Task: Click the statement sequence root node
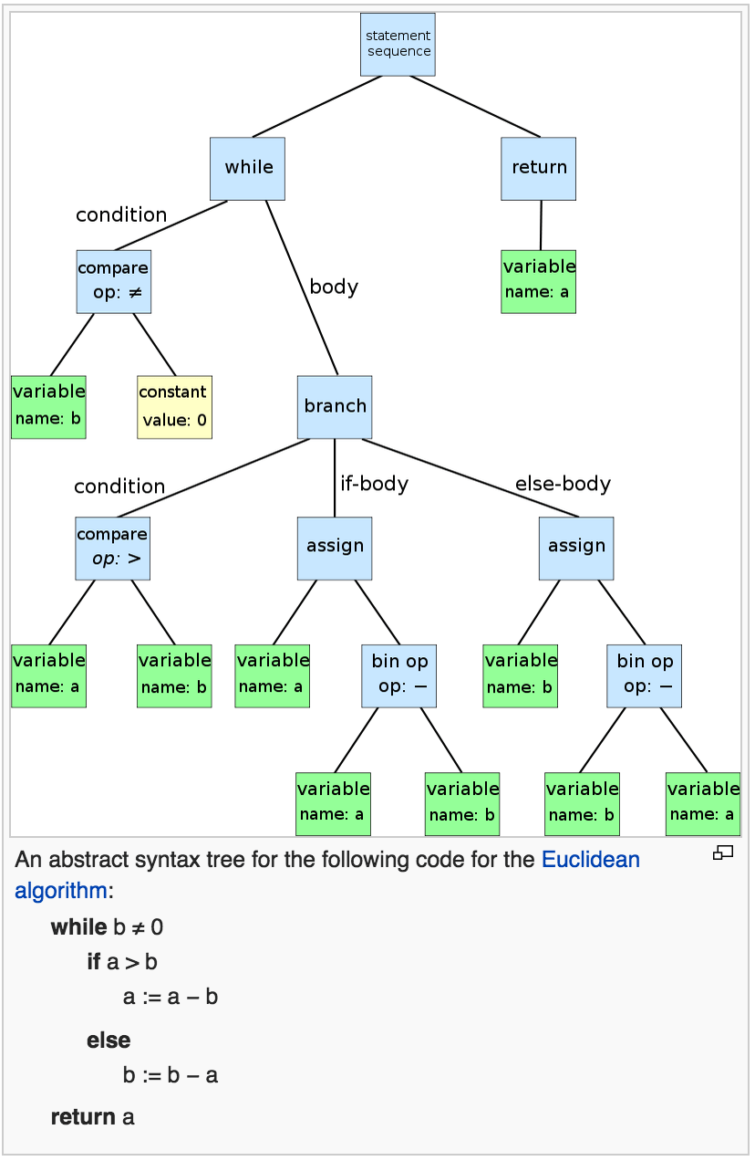(x=398, y=45)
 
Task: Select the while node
(x=247, y=168)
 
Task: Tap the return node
(x=538, y=168)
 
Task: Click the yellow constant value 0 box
(x=174, y=407)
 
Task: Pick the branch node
(x=335, y=407)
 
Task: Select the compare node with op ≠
(x=113, y=282)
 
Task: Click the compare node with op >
(x=112, y=549)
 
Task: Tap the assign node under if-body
(x=335, y=549)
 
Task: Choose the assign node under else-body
(x=576, y=549)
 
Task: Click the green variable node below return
(x=538, y=281)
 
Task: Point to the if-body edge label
(x=374, y=484)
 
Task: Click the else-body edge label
(x=563, y=484)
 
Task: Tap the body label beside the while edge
(x=334, y=287)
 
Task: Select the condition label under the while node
(x=121, y=215)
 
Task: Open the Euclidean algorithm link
(x=590, y=860)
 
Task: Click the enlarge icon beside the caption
(x=723, y=853)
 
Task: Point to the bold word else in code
(x=109, y=1041)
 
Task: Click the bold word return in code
(x=83, y=1117)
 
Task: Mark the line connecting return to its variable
(x=541, y=225)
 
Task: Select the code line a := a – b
(x=171, y=997)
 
